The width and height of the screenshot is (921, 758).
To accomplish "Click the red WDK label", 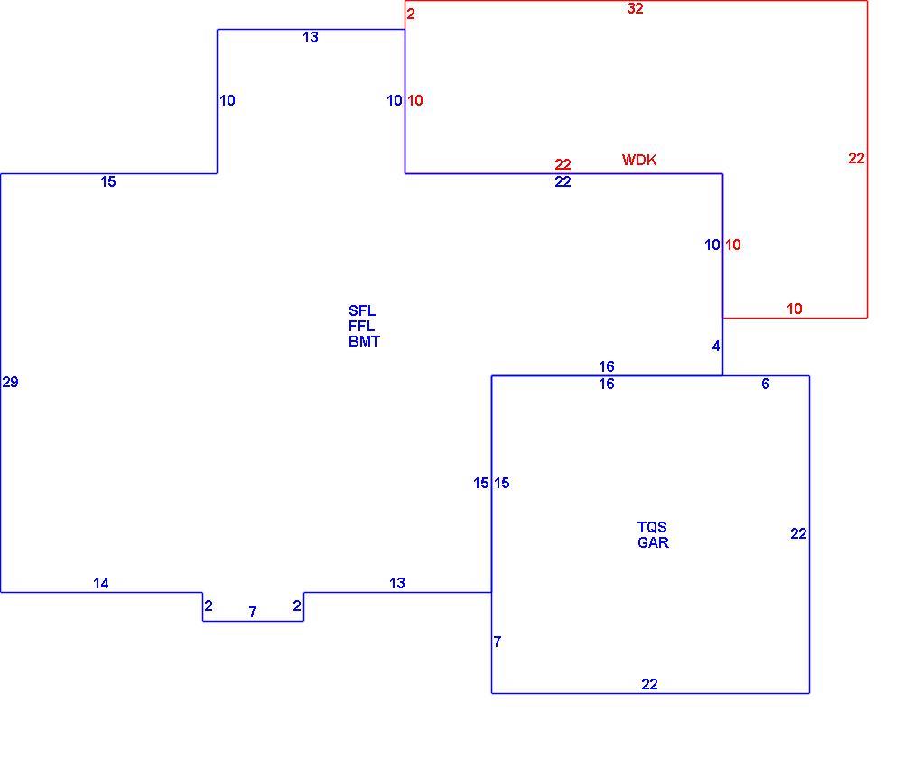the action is click(639, 160).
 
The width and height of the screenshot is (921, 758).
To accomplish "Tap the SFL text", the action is click(362, 310).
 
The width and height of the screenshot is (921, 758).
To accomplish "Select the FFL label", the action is click(362, 326).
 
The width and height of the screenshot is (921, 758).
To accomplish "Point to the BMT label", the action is click(364, 341).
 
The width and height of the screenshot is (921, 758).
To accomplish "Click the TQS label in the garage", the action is click(652, 527).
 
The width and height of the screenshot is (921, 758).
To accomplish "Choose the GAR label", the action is click(653, 542).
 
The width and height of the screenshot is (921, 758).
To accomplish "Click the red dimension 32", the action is click(635, 8).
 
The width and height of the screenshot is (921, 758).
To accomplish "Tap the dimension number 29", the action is click(11, 383).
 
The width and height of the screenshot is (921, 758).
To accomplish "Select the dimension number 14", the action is click(101, 583).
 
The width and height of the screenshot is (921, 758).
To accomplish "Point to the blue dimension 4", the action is click(716, 346).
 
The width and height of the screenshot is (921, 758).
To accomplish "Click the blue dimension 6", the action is click(766, 384).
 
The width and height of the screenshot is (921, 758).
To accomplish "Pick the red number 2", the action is click(411, 14).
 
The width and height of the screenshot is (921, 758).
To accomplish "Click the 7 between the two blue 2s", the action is click(253, 613).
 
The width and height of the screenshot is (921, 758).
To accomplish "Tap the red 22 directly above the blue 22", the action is click(563, 164).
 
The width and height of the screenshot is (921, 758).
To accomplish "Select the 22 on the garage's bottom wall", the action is click(649, 684).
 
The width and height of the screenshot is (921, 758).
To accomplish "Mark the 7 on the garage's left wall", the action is click(498, 642).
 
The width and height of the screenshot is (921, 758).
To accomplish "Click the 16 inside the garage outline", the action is click(607, 384).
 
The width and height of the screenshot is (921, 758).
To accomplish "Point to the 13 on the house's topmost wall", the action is click(311, 37).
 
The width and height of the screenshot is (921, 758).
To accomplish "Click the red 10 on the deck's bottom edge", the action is click(794, 309).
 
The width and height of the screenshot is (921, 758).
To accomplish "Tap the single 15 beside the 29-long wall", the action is click(108, 181).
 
